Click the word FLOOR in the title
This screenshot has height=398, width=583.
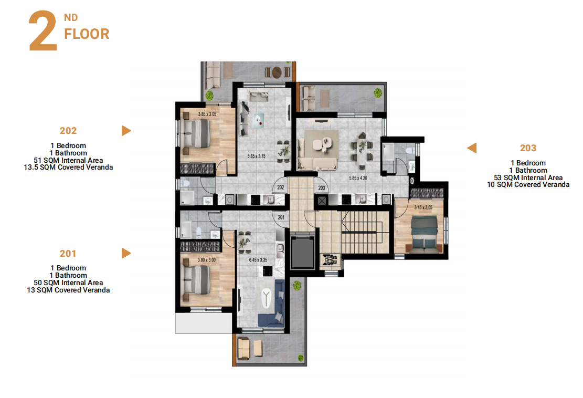coord(87,34)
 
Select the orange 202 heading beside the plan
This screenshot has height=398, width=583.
coord(68,131)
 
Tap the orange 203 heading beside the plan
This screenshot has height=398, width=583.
coord(528,148)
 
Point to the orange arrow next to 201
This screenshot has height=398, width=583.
coord(126,253)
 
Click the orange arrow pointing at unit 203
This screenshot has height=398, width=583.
coord(472,148)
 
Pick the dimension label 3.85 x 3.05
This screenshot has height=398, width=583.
coord(207,114)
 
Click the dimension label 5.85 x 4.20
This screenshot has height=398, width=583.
coord(358,178)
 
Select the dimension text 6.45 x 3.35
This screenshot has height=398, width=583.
coord(258,260)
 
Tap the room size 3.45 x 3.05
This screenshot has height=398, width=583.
coord(423,207)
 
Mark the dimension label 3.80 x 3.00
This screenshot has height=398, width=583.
coord(206,260)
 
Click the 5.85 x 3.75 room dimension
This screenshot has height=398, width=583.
coord(257,156)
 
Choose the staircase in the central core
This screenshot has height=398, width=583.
coord(365,233)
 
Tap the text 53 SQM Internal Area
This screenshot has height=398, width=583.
coord(528,178)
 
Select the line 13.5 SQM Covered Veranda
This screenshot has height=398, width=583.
coord(68,167)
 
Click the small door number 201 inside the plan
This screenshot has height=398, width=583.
coord(281,217)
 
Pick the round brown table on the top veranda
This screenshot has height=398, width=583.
coord(277,72)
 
